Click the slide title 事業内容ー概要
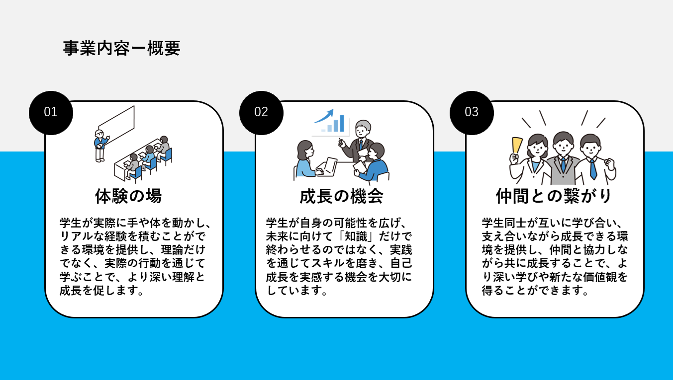tap(121, 49)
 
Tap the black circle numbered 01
tap(51, 112)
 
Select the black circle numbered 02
tap(261, 112)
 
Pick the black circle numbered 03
tap(472, 112)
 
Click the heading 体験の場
tap(128, 196)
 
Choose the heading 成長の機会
tap(341, 196)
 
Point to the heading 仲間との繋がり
tap(554, 196)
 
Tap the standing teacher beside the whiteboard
tap(100, 145)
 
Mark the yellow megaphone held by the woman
tap(517, 145)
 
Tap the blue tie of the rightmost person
tap(593, 169)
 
